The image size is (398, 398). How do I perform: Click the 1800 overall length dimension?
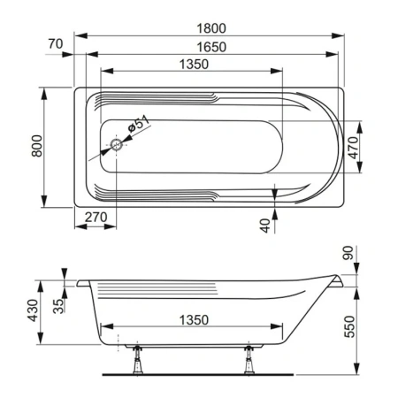tap(209, 27)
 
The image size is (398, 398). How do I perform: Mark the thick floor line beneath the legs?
tap(194, 374)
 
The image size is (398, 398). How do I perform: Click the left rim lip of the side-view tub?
tap(82, 284)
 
